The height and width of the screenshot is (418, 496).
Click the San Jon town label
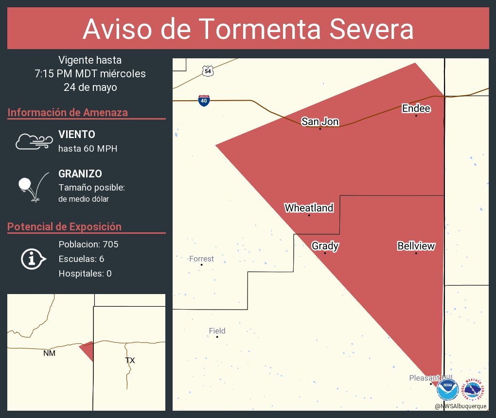point(319,122)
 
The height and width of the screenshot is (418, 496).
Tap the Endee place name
point(416,108)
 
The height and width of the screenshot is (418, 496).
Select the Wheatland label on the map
point(309,208)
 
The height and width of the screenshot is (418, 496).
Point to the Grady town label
point(325,246)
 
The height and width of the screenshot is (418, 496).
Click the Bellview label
point(416,246)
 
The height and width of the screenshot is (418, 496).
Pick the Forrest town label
point(201,259)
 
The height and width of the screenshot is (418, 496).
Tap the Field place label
point(217,331)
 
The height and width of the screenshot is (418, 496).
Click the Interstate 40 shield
point(204,101)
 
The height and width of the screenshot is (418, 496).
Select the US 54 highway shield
point(208,71)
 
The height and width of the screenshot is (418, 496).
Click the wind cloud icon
point(34,141)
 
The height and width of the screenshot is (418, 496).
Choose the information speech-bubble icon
point(33,259)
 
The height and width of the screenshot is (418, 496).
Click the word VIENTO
point(77,135)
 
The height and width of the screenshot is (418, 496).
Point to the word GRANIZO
point(80,174)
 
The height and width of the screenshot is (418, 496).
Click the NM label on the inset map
point(49,353)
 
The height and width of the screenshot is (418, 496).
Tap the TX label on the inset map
point(130,360)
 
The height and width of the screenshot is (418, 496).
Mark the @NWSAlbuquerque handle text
point(461,406)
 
